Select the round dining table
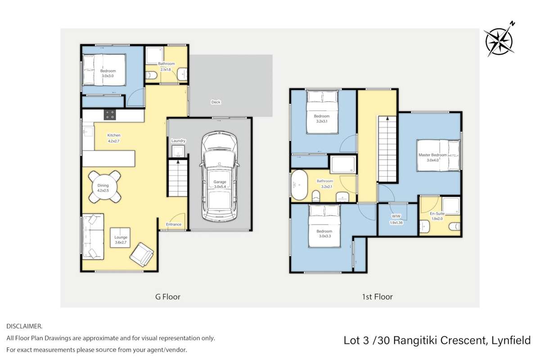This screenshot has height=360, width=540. tap(104, 186)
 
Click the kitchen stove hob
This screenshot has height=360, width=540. tap(110, 115)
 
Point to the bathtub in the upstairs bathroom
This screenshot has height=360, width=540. tap(299, 185)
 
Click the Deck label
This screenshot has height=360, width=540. tap(216, 102)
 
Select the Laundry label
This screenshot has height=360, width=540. tap(178, 141)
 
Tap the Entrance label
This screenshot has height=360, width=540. tap(174, 224)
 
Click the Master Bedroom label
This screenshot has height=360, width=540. tap(432, 155)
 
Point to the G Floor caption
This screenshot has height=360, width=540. tap(168, 297)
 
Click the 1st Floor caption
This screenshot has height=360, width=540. tap(377, 297)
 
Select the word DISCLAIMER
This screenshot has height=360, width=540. tap(24, 326)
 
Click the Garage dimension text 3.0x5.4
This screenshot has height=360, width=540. tap(220, 187)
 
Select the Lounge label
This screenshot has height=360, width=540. tap(121, 237)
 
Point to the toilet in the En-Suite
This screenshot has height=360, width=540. tap(455, 226)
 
